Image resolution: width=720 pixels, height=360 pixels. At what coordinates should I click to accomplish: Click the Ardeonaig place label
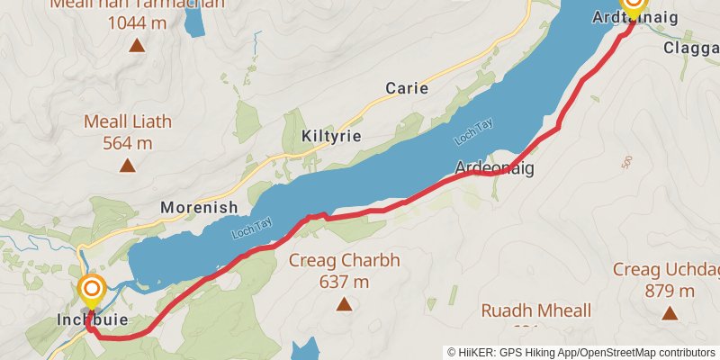[x=495, y=168]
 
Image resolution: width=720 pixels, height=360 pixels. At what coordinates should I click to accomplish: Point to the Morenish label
[x=199, y=207]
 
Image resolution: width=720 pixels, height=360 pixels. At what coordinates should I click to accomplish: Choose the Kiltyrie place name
[x=332, y=136]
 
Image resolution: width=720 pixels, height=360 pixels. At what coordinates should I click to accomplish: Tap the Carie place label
[x=406, y=88]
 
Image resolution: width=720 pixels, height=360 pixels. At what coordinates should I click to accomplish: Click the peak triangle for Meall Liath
[x=128, y=165]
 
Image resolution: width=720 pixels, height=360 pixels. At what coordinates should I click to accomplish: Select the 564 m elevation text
[x=128, y=142]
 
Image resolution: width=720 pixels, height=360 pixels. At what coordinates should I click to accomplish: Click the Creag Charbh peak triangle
[x=344, y=304]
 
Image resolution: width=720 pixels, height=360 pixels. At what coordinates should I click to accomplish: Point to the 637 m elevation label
[x=344, y=282]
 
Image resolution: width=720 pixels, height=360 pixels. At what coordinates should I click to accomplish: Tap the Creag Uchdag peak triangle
[x=670, y=313]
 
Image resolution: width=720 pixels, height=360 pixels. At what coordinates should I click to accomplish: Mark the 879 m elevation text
[x=670, y=291]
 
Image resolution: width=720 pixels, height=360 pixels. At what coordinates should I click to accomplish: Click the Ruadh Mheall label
[x=535, y=311]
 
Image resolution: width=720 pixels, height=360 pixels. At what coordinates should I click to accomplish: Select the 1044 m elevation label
[x=137, y=22]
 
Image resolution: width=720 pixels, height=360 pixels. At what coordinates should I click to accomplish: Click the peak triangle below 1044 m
[x=137, y=45]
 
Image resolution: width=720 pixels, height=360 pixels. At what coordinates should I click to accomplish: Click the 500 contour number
[x=627, y=162]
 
